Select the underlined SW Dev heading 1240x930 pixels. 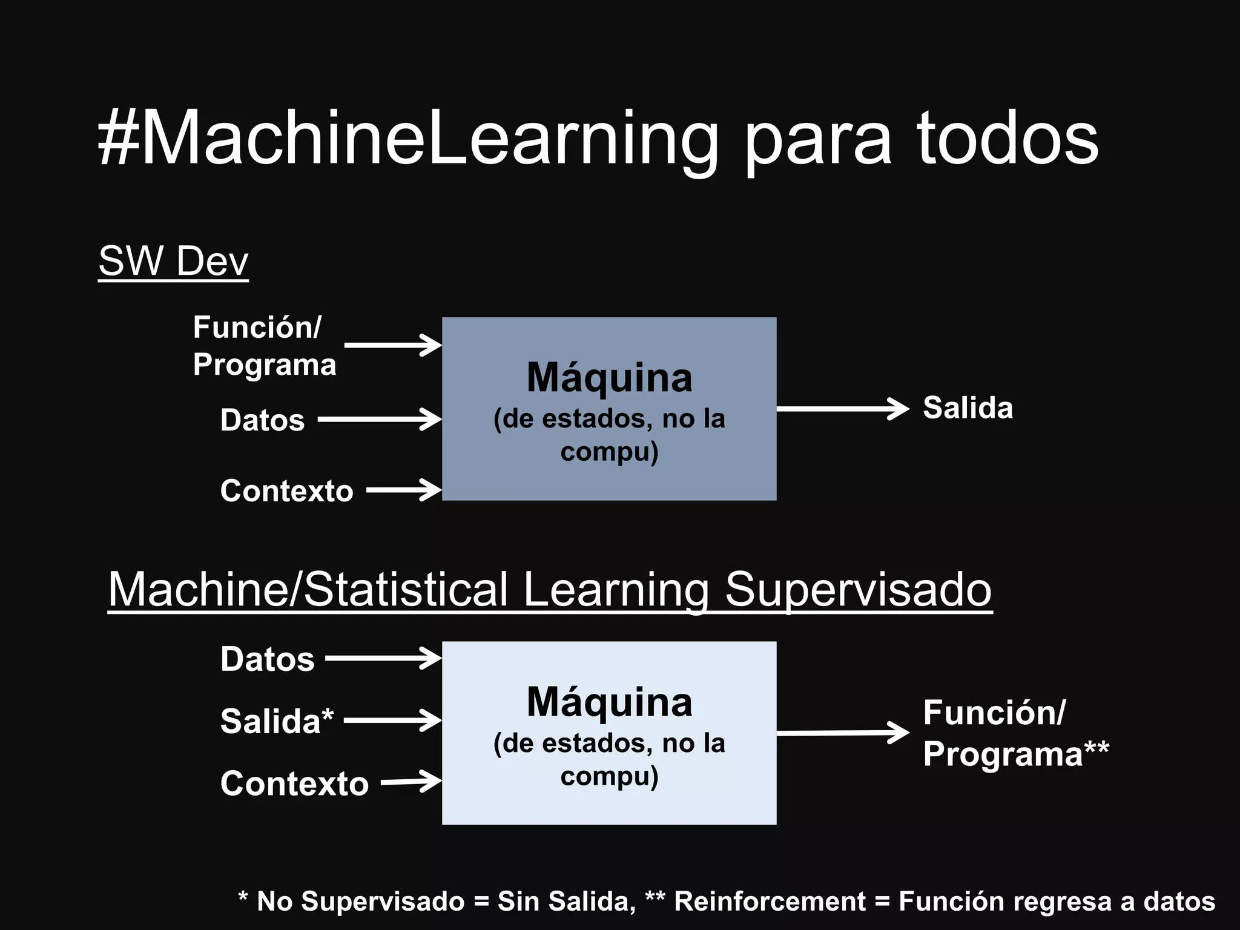173,262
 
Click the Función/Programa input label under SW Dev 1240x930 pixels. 264,346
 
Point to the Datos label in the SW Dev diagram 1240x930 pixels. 262,420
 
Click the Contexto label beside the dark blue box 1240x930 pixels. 286,490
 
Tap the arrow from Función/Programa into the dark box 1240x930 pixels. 392,345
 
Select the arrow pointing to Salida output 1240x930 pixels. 842,409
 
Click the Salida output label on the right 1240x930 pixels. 968,408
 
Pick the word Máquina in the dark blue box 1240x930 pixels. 609,378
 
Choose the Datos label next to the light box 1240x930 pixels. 267,659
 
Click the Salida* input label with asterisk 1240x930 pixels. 277,721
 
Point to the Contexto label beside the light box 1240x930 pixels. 294,783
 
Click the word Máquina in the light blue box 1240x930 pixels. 609,702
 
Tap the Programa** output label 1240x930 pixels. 1015,754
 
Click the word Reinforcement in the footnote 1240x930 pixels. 770,901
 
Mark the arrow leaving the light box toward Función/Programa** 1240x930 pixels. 842,733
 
